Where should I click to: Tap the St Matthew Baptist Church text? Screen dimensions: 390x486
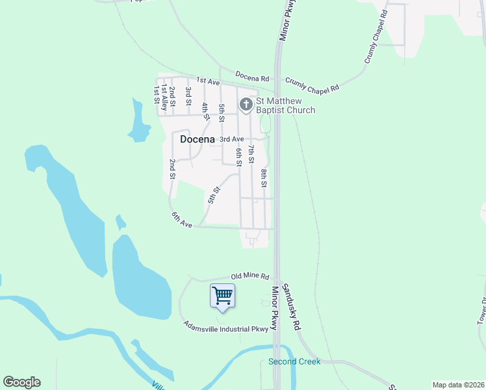[x=285, y=105]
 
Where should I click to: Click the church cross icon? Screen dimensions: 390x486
[x=246, y=105]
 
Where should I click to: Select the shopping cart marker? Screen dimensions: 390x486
[x=222, y=296]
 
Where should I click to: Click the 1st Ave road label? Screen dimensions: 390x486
[x=208, y=81]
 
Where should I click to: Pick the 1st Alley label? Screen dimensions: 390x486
[x=165, y=95]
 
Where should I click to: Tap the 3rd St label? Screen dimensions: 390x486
[x=188, y=96]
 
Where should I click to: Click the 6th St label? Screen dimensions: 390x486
[x=239, y=157]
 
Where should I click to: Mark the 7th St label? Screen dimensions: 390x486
[x=251, y=156]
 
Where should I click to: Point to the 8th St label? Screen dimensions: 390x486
[x=264, y=178]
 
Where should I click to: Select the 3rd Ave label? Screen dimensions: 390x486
[x=231, y=139]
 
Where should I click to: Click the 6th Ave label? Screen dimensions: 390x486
[x=182, y=220]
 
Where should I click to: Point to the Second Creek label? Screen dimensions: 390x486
[x=294, y=361]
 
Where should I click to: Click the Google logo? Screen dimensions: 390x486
[x=21, y=382]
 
